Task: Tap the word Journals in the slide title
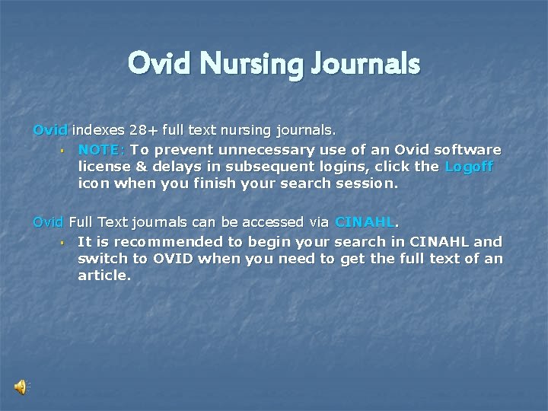tap(365, 64)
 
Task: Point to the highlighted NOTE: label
tap(102, 149)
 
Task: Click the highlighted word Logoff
tap(469, 166)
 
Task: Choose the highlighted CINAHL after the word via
tap(365, 222)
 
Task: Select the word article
tap(104, 276)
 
